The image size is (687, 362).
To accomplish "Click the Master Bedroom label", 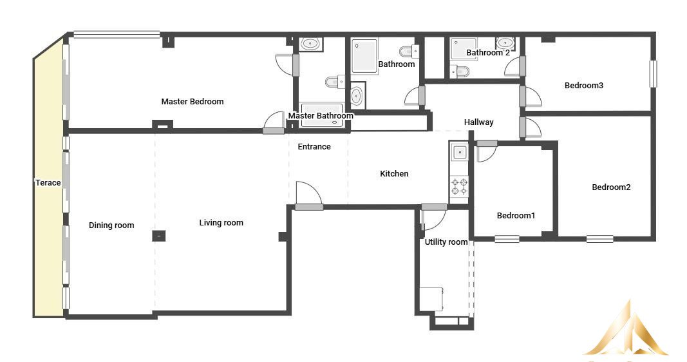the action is click(x=193, y=102).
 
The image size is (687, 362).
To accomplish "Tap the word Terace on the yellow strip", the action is click(x=48, y=183).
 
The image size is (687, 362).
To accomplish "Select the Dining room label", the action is click(x=111, y=225).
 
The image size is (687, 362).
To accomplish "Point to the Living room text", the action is click(x=221, y=223).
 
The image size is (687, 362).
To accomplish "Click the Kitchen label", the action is click(x=394, y=173).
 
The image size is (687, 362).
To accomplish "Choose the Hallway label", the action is click(x=479, y=122).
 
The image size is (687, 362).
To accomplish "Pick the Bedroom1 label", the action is click(x=516, y=216).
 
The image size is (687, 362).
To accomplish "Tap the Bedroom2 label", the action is click(x=611, y=187).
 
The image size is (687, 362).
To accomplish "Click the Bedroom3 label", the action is click(x=584, y=86).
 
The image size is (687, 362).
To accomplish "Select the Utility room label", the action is click(x=446, y=242).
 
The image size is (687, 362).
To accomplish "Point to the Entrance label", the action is click(x=314, y=147).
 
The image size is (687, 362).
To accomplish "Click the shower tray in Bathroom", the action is click(x=364, y=57).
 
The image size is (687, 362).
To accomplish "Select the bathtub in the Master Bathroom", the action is click(x=321, y=115).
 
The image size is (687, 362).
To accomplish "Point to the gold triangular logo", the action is click(x=627, y=331).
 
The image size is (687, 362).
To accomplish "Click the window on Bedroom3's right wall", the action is click(x=653, y=73).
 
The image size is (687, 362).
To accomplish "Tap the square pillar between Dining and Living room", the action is click(x=159, y=236).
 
